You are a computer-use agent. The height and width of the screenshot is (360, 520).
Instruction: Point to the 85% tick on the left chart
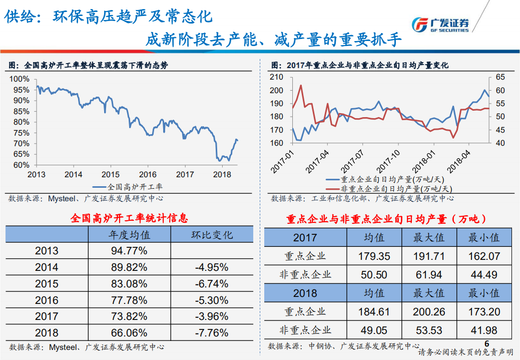[x=21, y=111]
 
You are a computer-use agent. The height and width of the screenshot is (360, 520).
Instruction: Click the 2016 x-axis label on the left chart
[x=148, y=174]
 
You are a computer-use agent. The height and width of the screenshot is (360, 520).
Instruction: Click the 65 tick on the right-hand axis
[x=500, y=77]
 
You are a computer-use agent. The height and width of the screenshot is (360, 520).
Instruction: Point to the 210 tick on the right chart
[x=276, y=77]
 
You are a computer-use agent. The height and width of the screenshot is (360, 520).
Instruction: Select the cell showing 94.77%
[x=129, y=250]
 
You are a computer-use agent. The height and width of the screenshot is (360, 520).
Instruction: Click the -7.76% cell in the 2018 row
[x=211, y=332]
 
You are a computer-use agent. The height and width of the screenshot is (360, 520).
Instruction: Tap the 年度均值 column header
[x=129, y=234]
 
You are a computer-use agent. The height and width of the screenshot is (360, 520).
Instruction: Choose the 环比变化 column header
[x=212, y=234]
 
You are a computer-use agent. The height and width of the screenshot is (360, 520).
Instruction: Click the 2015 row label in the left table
[x=47, y=283]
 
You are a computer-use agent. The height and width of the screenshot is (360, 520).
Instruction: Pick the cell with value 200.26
[x=428, y=312]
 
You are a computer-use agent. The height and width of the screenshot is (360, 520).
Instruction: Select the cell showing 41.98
[x=484, y=330]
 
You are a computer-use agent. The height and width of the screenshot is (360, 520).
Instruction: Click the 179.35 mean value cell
[x=374, y=256]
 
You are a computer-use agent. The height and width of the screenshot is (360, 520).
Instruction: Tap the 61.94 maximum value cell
[x=428, y=274]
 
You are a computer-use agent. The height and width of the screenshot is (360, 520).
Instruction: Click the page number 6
[x=486, y=343]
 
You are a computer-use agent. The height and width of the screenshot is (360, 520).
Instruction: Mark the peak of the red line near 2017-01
[x=301, y=85]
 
